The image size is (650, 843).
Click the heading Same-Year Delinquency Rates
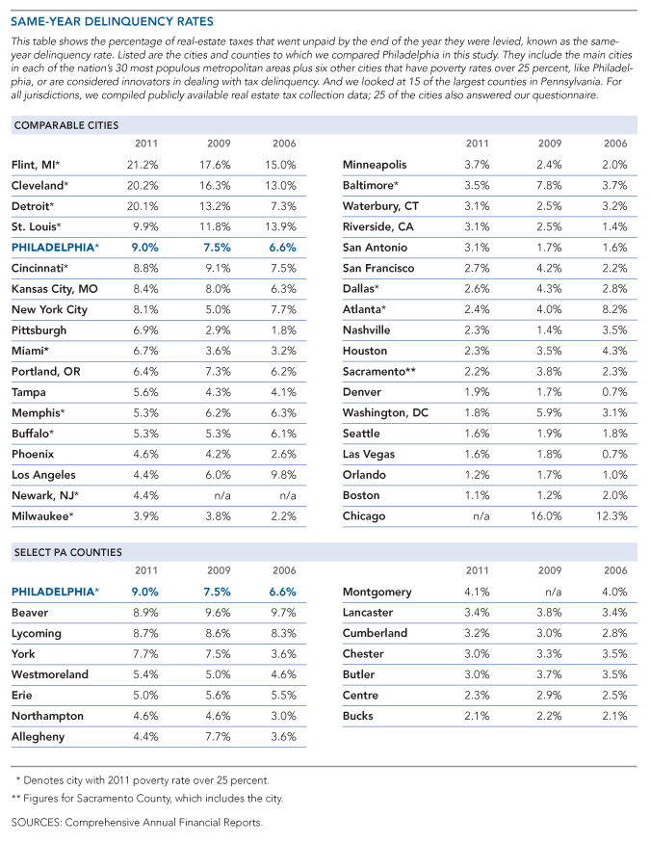tap(113, 21)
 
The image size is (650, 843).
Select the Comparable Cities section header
tap(65, 125)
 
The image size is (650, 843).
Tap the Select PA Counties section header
tap(66, 552)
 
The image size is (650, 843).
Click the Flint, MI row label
tap(37, 165)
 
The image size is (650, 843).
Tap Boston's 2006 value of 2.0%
tap(614, 495)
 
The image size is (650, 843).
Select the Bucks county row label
tap(359, 716)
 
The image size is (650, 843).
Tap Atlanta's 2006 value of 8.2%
tap(614, 309)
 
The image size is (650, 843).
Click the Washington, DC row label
tap(385, 412)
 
